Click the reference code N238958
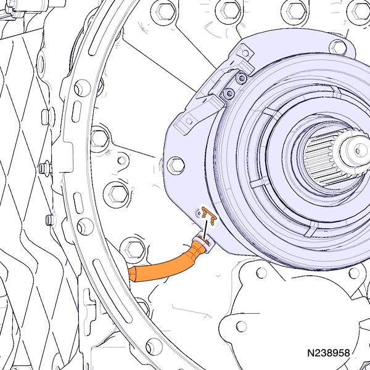click(x=328, y=353)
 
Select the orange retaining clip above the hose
click(x=208, y=215)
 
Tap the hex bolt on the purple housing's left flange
click(x=176, y=165)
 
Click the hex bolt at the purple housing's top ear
click(x=338, y=47)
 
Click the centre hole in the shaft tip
click(x=358, y=150)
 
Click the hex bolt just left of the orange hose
click(x=133, y=249)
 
